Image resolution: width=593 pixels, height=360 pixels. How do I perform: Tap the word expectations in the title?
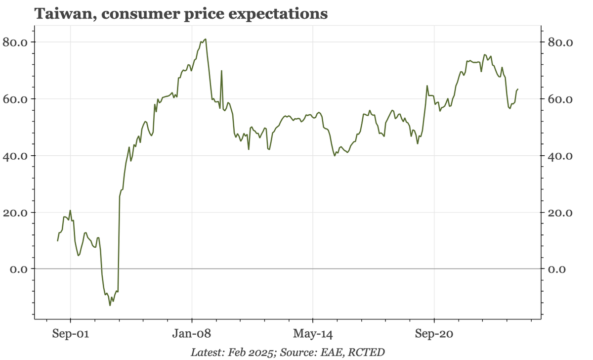(280, 14)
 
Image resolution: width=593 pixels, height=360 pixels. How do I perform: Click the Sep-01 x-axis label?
(71, 334)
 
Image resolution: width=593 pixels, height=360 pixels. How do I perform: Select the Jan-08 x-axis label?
(192, 334)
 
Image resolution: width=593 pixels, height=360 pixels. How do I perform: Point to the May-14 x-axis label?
(313, 334)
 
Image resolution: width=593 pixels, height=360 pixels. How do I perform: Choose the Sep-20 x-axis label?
(434, 334)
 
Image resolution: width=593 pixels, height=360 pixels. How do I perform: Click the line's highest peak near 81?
(206, 39)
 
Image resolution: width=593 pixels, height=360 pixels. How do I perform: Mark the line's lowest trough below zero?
(110, 305)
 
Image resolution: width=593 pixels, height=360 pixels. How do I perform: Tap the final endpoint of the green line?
(517, 90)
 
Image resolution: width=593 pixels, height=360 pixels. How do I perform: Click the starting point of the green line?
(58, 241)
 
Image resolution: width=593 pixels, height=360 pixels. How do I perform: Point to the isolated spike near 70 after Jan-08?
(221, 71)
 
